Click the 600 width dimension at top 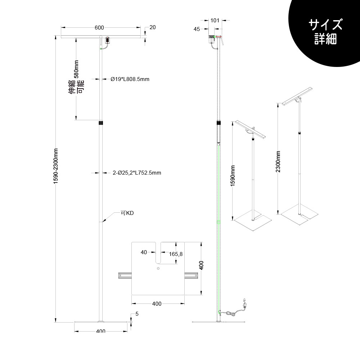click(x=99, y=28)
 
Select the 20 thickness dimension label click(x=152, y=27)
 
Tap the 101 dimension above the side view click(x=215, y=21)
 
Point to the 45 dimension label click(x=197, y=29)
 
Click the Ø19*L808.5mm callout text click(x=130, y=79)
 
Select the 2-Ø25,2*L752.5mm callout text click(x=137, y=173)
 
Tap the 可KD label click(x=127, y=213)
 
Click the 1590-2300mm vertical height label click(x=56, y=166)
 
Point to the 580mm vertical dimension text click(x=76, y=69)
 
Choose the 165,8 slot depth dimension click(x=176, y=254)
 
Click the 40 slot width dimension click(x=144, y=252)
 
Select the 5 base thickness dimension click(x=137, y=314)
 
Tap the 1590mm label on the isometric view click(x=233, y=176)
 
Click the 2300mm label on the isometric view click(x=278, y=161)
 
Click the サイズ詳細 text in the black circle click(x=325, y=32)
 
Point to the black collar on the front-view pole click(x=101, y=122)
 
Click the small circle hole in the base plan click(x=158, y=269)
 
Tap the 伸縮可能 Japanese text click(x=76, y=86)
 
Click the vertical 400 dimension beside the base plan click(x=201, y=265)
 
